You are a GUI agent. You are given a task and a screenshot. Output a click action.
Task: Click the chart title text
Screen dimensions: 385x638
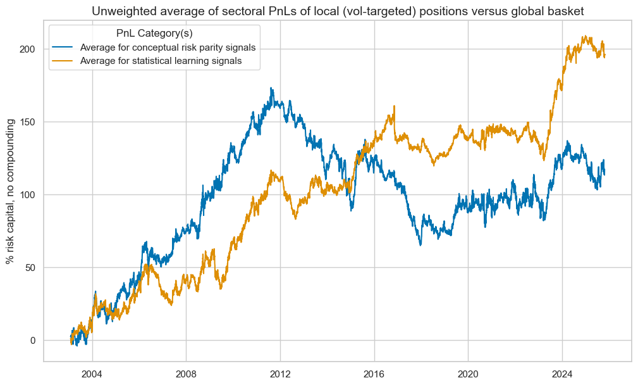tap(338, 10)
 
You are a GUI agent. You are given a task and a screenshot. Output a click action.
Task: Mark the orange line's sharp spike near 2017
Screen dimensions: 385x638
tap(394, 106)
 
